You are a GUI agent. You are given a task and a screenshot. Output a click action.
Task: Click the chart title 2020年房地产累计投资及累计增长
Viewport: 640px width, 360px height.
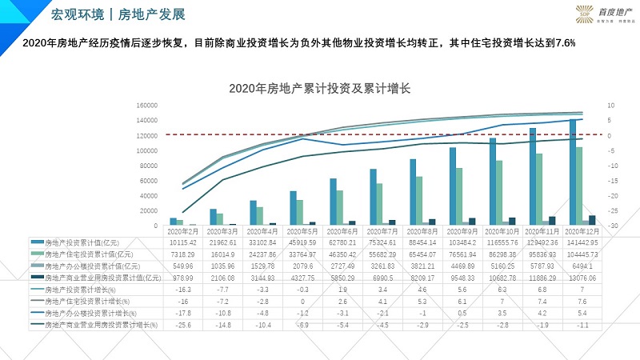tap(319, 89)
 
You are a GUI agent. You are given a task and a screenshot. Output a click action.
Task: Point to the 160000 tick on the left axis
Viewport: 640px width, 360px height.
tap(145, 105)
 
